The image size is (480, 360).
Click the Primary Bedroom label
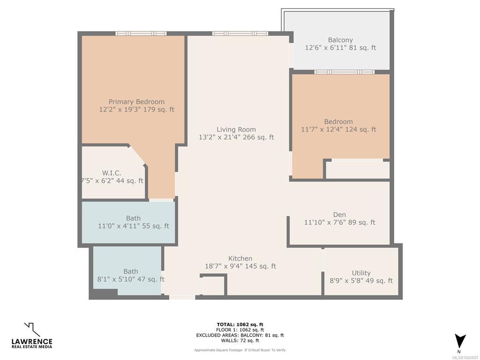coord(136,102)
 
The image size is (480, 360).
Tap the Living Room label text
coord(236,129)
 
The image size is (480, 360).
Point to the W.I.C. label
coord(112,173)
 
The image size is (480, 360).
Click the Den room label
coord(339,215)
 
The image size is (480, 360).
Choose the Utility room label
coord(361,273)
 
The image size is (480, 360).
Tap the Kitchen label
coord(240,258)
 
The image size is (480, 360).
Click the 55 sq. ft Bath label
coord(134,218)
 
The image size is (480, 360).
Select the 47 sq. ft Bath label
coord(131,271)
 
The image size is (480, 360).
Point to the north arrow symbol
coord(460,341)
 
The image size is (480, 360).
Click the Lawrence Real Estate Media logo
coord(32,336)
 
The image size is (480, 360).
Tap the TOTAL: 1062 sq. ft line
coord(240,324)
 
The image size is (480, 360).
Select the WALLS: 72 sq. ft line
coord(240,340)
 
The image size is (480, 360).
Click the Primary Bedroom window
coord(141,34)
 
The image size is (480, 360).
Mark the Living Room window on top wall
coord(240,34)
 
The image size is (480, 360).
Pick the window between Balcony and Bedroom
coord(345,72)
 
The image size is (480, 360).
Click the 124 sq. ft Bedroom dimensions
coord(338,129)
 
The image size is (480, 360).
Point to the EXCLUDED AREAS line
coord(240,335)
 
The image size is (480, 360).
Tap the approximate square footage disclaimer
coord(240,350)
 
